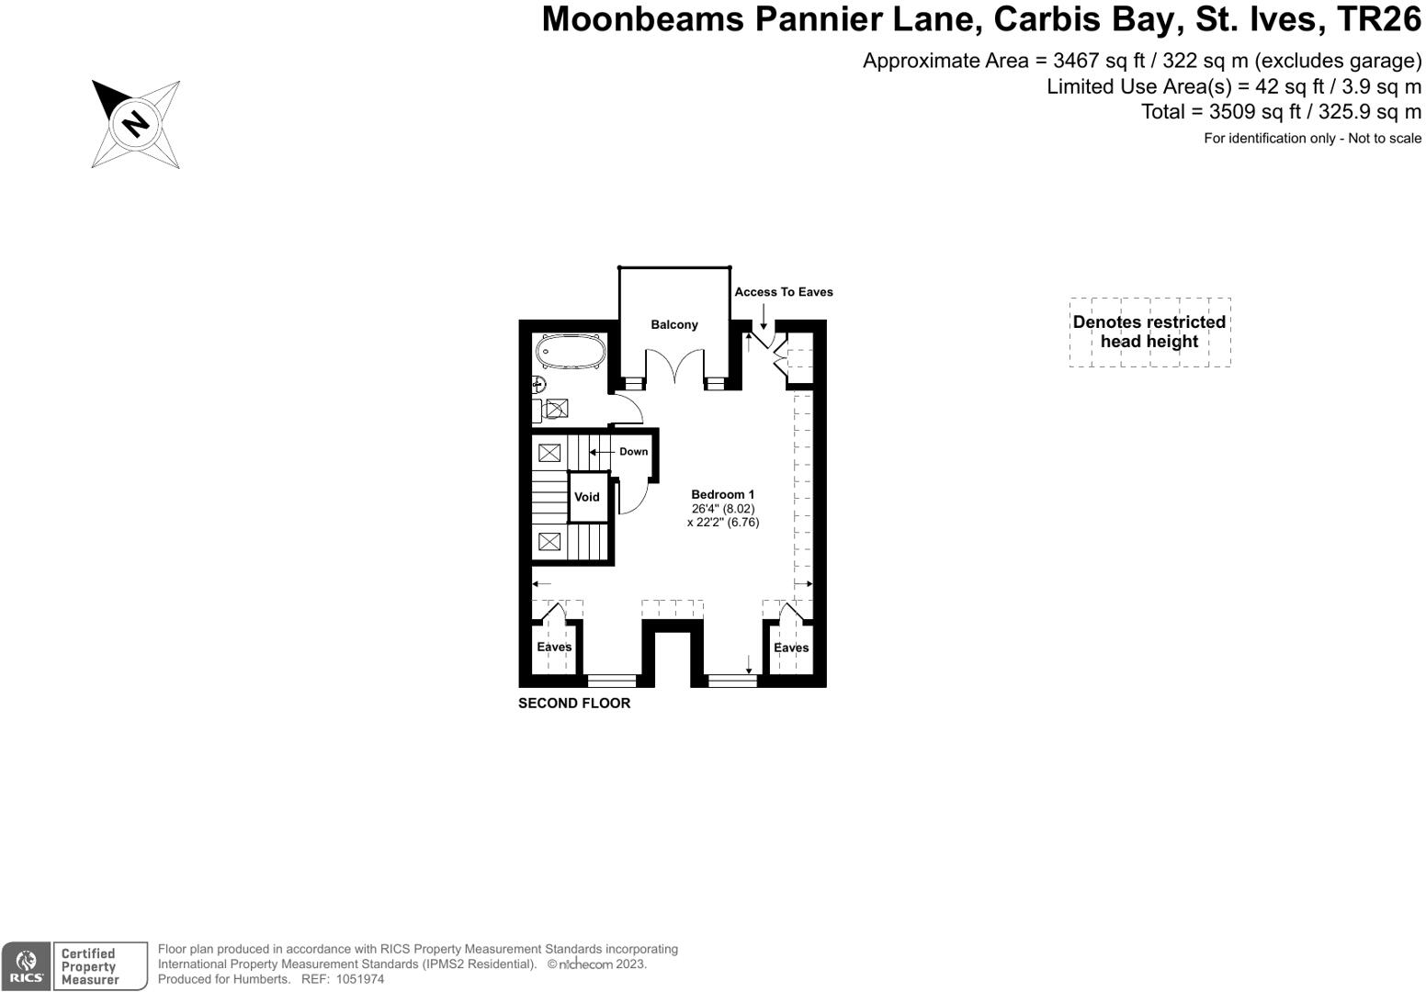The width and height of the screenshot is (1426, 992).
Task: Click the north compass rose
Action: (136, 124)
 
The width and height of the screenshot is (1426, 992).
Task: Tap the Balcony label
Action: (674, 324)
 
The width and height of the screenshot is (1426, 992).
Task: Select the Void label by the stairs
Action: (587, 497)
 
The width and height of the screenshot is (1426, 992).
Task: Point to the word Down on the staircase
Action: (633, 451)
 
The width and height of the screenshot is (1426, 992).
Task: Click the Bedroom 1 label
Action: (723, 494)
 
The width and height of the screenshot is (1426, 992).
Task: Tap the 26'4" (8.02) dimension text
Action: (723, 508)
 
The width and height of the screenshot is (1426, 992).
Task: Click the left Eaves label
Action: (554, 647)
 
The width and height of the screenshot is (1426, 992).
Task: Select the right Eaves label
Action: (791, 648)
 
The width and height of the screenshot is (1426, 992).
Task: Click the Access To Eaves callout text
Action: (784, 292)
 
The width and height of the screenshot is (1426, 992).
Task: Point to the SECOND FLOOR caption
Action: (574, 703)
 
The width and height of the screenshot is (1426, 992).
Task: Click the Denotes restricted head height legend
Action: (1149, 332)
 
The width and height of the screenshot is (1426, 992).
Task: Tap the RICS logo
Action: (27, 966)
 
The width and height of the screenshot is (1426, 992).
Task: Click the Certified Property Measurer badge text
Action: (89, 966)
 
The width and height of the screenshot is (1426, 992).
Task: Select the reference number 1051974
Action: (361, 979)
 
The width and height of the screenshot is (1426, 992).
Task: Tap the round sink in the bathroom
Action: (539, 385)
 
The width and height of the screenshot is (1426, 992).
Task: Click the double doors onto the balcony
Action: (674, 368)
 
